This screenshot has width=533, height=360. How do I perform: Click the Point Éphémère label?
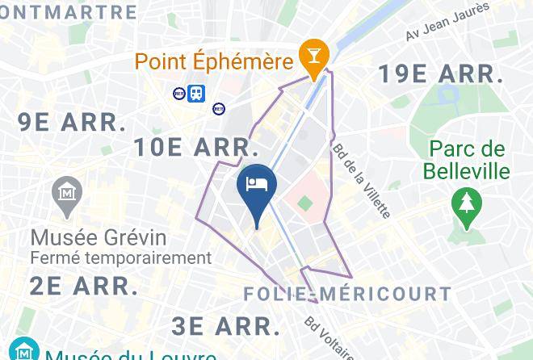(213, 61)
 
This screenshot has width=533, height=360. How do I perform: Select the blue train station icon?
(196, 94)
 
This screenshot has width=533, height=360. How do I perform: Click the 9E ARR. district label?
(73, 123)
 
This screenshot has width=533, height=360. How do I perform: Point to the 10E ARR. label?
(196, 148)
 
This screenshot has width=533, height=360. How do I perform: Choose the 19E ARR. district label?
(441, 74)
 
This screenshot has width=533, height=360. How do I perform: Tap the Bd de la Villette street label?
(361, 181)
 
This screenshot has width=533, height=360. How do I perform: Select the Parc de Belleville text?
(468, 160)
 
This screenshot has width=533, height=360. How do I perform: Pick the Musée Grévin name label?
(99, 238)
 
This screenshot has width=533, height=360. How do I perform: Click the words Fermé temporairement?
(120, 258)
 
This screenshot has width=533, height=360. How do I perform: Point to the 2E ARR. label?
(84, 285)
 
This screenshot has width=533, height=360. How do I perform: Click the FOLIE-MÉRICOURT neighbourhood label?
(347, 294)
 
